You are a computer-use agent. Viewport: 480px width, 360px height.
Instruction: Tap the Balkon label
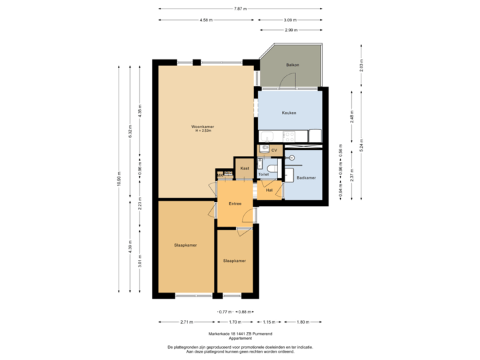292,65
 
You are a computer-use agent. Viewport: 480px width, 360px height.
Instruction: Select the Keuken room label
289,113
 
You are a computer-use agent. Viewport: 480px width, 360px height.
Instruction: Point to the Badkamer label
305,178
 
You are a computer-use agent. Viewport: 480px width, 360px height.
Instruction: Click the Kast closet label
245,169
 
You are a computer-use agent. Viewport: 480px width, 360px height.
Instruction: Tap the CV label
274,151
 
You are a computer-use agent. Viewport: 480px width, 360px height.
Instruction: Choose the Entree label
234,203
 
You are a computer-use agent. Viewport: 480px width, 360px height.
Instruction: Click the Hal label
269,190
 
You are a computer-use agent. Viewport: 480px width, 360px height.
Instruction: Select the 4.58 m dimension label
206,20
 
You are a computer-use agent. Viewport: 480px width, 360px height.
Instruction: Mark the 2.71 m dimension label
186,322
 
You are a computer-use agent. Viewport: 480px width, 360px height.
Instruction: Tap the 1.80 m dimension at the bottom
303,322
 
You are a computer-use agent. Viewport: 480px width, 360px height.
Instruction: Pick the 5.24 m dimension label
361,145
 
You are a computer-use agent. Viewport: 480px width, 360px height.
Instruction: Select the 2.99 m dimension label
290,30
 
